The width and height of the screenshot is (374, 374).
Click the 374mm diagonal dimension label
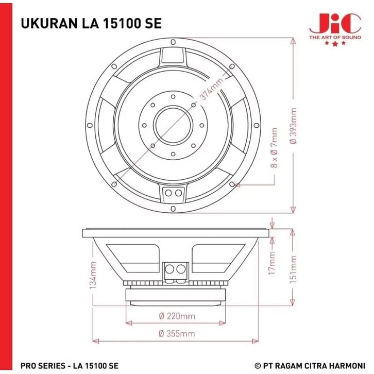click(x=212, y=88)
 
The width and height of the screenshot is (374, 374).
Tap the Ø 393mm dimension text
click(x=293, y=126)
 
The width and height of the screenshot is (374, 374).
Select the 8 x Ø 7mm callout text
click(x=274, y=148)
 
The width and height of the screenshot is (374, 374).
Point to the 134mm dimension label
click(x=93, y=275)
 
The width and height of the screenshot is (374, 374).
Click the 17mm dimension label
click(x=272, y=263)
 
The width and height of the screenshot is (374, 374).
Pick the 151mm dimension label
click(x=293, y=269)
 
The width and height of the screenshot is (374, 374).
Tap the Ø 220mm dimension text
click(x=177, y=316)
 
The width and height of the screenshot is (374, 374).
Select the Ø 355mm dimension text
click(x=177, y=333)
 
